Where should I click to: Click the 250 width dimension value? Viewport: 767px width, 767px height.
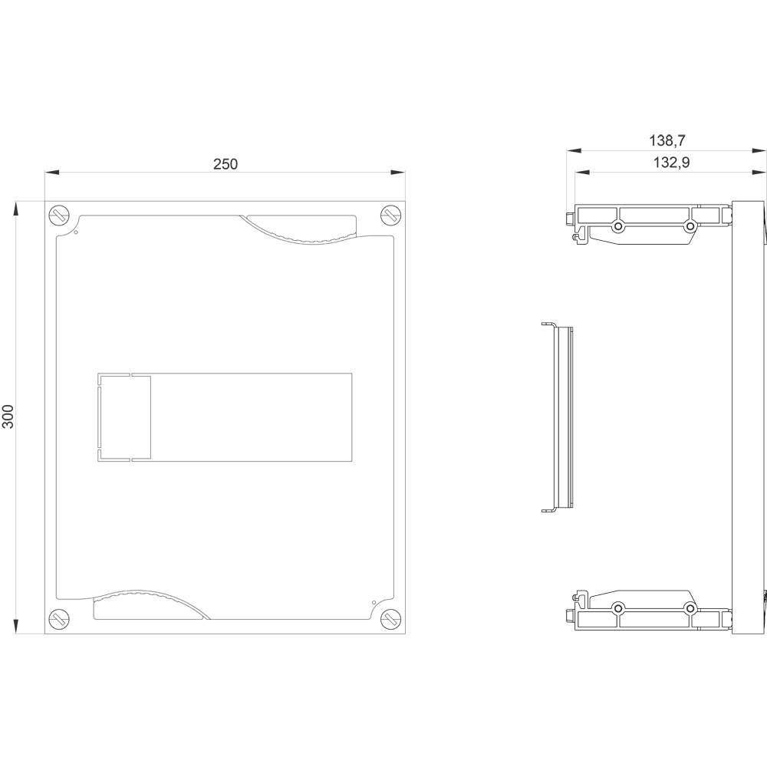[x=225, y=164]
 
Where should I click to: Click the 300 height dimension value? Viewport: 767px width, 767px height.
[x=8, y=416]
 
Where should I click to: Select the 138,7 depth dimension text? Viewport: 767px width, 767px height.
[x=667, y=141]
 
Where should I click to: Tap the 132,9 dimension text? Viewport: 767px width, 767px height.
[x=672, y=163]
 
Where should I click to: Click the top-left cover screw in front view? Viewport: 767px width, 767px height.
[x=59, y=216]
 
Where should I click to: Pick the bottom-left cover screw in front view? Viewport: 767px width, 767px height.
[x=59, y=619]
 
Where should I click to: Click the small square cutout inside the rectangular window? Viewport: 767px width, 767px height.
[x=124, y=417]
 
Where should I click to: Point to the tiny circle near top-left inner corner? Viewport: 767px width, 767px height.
[x=75, y=233]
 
